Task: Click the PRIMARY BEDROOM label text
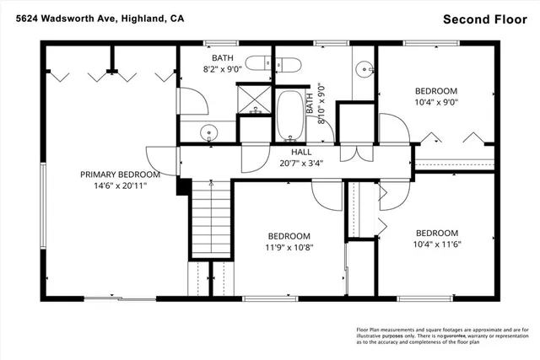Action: (120, 175)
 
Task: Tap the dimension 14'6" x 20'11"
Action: (120, 186)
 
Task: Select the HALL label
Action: (289, 152)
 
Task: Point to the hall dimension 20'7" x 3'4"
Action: (289, 164)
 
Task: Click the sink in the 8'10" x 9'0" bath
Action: (364, 69)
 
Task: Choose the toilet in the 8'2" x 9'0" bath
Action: (279, 64)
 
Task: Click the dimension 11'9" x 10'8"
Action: (289, 248)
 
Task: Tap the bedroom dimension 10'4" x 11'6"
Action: (436, 245)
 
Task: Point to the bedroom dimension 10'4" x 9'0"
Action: (436, 103)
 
